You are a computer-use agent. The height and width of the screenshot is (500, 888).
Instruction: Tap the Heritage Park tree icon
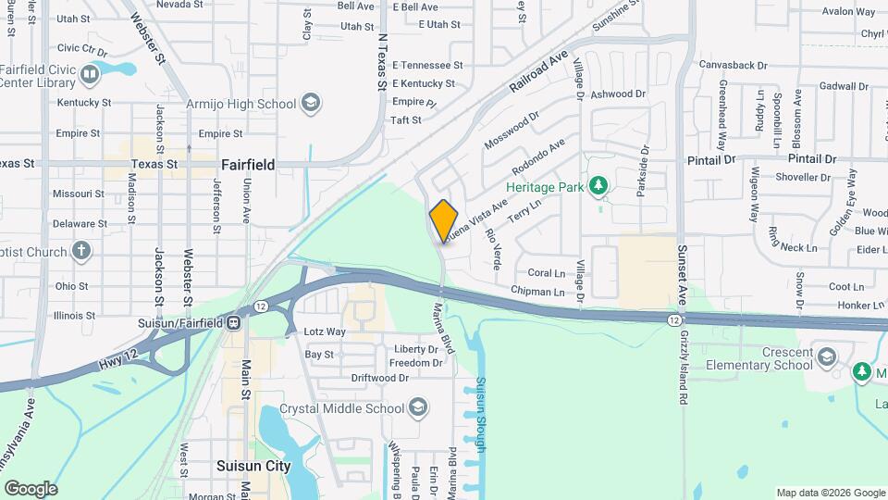pyautogui.click(x=598, y=186)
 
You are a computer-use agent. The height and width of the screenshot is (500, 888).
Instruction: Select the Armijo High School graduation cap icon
pyautogui.click(x=312, y=103)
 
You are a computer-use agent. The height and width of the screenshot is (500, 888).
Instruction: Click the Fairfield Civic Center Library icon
pyautogui.click(x=91, y=73)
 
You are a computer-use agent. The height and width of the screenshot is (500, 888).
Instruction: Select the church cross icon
pyautogui.click(x=82, y=251)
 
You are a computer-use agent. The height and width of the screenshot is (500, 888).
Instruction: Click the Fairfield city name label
pyautogui.click(x=248, y=165)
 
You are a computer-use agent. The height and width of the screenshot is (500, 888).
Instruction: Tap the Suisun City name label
pyautogui.click(x=253, y=467)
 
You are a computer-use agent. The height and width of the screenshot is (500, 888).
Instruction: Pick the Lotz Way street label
pyautogui.click(x=325, y=331)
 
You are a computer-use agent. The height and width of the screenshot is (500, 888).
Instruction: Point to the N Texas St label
pyautogui.click(x=381, y=63)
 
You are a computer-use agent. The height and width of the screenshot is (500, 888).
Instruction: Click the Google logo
pyautogui.click(x=31, y=488)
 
